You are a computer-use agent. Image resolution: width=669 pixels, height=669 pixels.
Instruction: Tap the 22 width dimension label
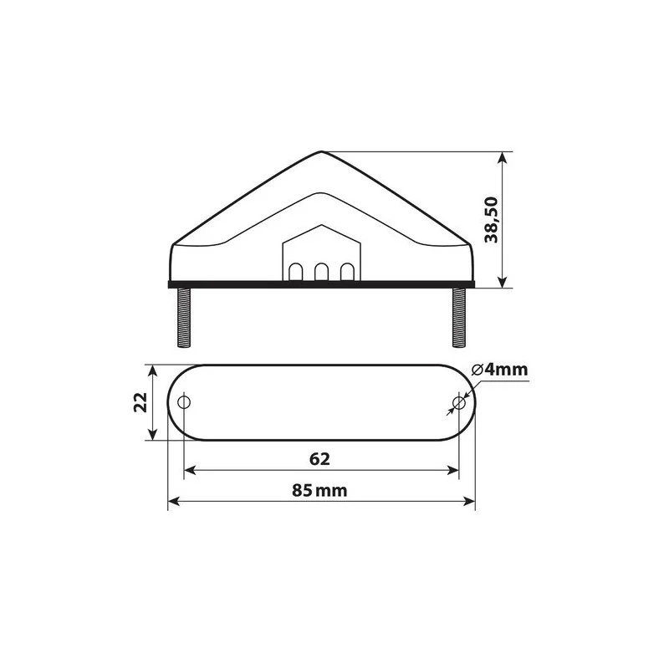coord(141,403)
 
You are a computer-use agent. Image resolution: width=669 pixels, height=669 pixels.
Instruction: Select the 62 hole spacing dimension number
coord(320,459)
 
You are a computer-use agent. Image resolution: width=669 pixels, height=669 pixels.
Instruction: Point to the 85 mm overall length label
coord(319,491)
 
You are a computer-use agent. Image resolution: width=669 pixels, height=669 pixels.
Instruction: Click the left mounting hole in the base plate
coord(185,403)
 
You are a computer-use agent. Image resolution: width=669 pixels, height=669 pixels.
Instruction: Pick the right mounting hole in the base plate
coord(458,403)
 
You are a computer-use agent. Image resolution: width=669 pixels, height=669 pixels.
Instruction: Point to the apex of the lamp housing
coord(322,152)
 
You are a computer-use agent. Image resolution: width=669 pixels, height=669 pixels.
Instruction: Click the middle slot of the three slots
coord(321,273)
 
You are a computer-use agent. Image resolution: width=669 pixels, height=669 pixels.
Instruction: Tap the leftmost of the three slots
coord(298,273)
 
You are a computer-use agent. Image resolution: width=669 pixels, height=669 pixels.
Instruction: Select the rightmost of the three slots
coord(345,273)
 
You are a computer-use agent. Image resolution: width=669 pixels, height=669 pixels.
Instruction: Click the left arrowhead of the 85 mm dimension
coord(175,503)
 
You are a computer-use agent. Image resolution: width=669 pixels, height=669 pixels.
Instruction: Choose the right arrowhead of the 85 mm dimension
coord(469,503)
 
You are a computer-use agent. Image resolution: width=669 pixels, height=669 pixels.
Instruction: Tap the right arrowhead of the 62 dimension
coord(453,471)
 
